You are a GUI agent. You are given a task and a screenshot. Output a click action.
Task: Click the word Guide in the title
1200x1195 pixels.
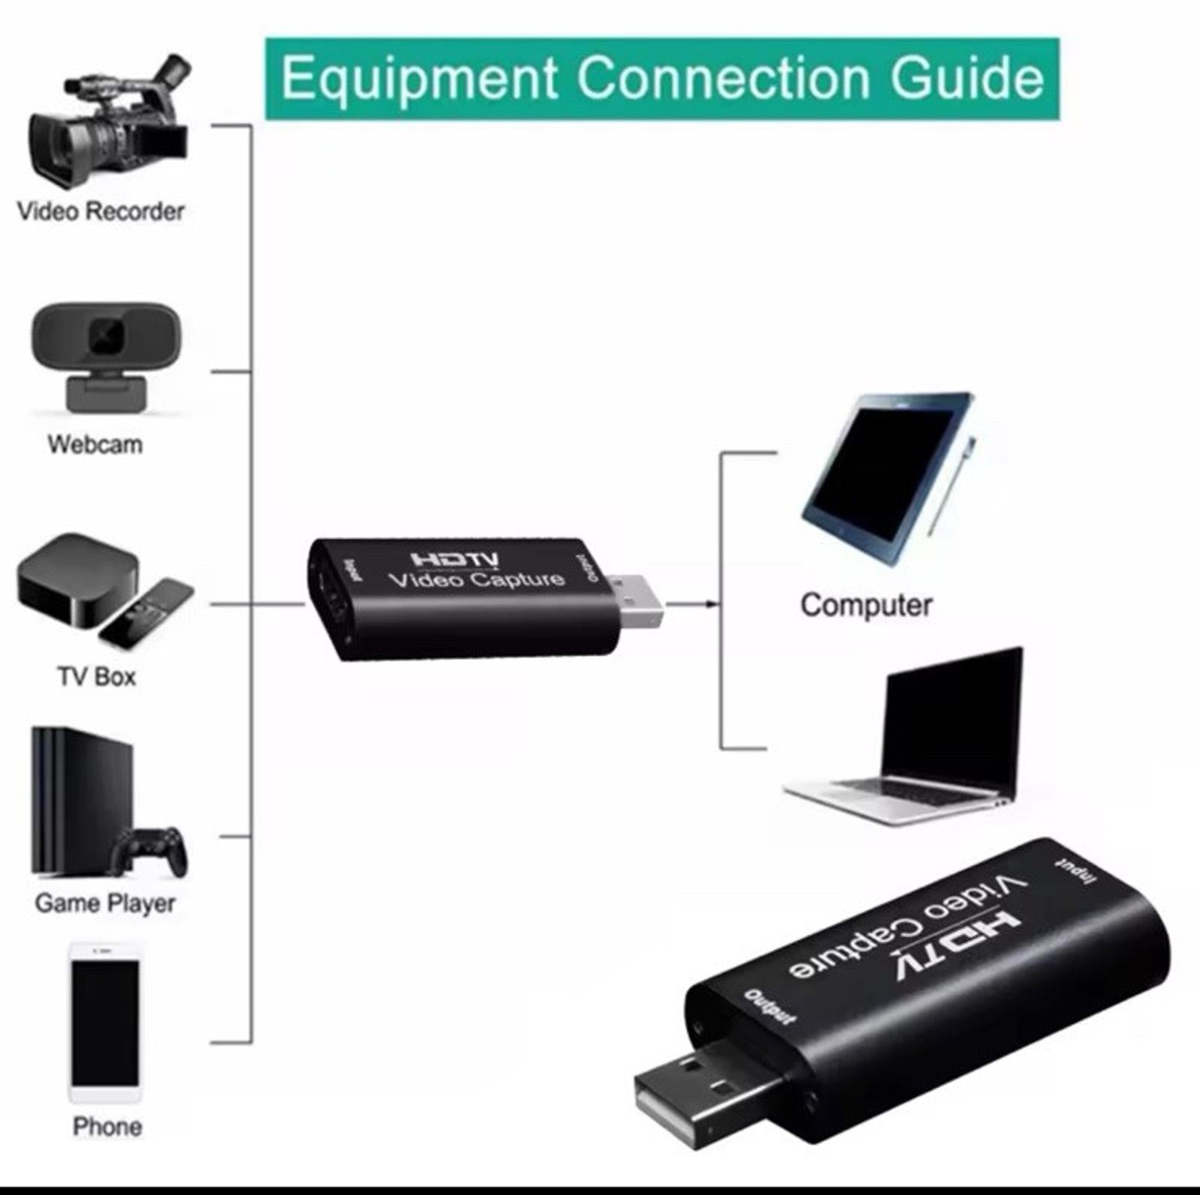point(967,79)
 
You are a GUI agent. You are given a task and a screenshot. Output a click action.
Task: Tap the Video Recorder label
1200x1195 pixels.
point(100,211)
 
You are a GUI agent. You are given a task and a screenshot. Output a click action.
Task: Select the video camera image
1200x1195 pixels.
point(109,124)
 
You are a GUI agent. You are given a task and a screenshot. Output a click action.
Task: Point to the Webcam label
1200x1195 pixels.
point(95,444)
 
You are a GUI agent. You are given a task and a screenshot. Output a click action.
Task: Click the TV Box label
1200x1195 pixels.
point(97,676)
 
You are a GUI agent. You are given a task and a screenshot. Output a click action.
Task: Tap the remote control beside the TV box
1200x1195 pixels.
point(147,613)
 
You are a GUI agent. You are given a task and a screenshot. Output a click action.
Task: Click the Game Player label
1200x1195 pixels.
point(105,903)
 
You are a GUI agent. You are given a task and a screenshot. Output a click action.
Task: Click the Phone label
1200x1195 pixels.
point(107,1126)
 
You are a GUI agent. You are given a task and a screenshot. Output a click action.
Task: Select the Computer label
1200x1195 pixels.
point(866,605)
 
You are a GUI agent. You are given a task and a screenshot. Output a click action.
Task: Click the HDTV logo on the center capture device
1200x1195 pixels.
point(454,559)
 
